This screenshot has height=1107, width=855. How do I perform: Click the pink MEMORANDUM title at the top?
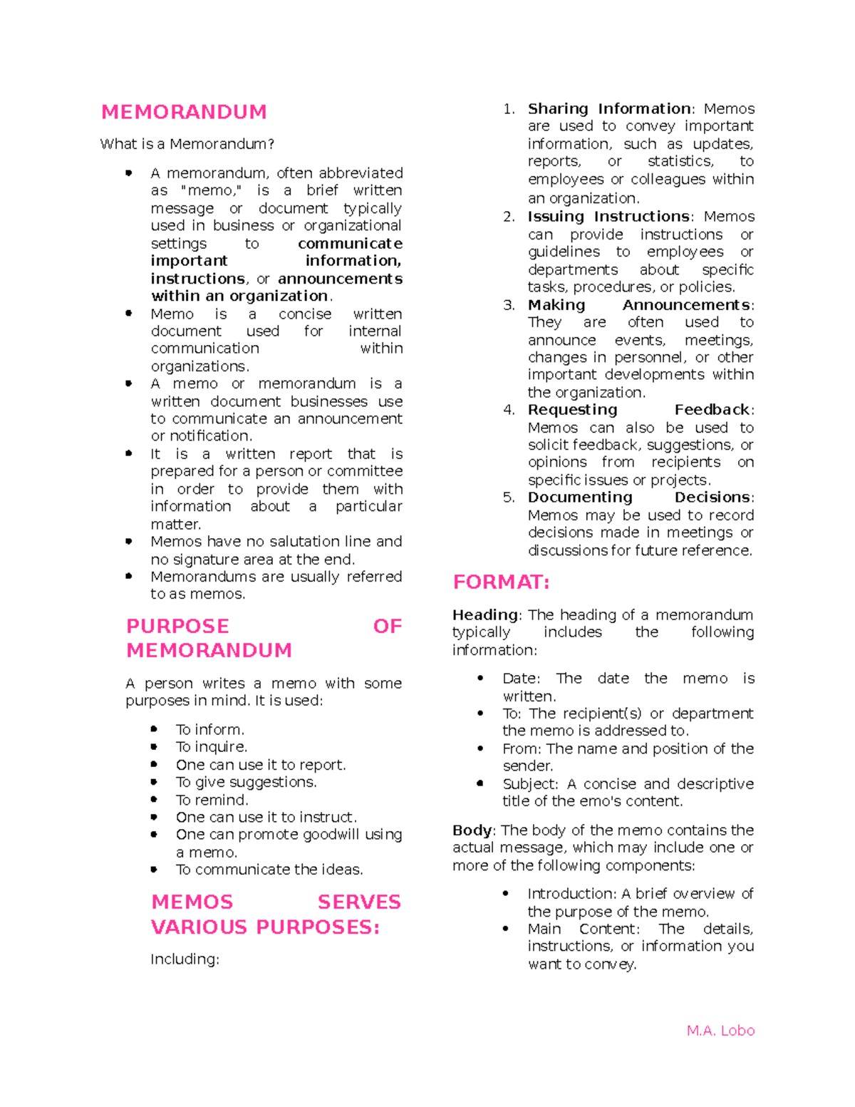(184, 112)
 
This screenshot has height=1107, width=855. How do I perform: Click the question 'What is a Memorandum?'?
(187, 144)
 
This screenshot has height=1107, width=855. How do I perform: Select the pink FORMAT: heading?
(501, 582)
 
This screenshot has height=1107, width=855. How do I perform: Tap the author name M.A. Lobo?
(720, 1031)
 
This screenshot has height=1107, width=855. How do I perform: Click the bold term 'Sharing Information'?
(609, 109)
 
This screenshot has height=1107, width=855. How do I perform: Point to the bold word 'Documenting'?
(580, 498)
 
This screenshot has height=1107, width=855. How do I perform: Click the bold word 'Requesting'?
(572, 410)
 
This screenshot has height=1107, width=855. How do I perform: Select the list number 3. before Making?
(509, 305)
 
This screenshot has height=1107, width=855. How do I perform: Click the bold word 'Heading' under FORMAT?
(485, 614)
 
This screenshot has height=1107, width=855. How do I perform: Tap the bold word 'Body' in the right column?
(471, 830)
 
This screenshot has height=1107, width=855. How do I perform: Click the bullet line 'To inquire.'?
(212, 747)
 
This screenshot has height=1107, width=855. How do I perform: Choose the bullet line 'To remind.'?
(212, 800)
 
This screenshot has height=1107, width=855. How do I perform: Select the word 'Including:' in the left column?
(185, 959)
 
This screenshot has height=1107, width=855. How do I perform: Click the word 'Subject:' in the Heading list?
(530, 784)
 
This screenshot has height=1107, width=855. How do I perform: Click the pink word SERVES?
(359, 902)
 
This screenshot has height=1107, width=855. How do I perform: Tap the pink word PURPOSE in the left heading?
(177, 627)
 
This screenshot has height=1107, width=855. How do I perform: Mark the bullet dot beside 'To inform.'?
(154, 729)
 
